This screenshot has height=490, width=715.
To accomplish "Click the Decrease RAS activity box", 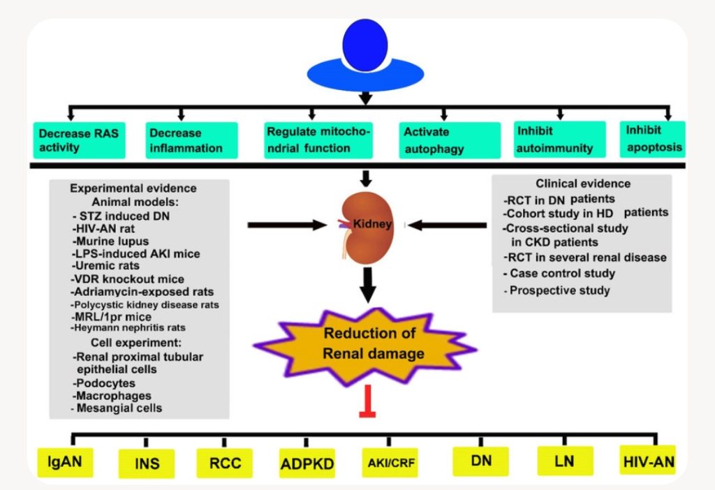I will tap(79, 140).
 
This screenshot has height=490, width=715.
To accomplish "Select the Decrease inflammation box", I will tap(190, 140).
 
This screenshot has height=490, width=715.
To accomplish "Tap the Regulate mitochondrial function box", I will tap(319, 139).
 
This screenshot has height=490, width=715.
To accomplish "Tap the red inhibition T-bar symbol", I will tap(367, 406).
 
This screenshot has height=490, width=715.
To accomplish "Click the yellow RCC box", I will tap(224, 462).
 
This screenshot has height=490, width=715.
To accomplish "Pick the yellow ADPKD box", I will tap(307, 462).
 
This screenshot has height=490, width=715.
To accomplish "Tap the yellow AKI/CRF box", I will tap(388, 462).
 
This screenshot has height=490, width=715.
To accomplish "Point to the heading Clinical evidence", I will tap(582, 184).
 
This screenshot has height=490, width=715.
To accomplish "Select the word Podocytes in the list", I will tap(104, 383).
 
